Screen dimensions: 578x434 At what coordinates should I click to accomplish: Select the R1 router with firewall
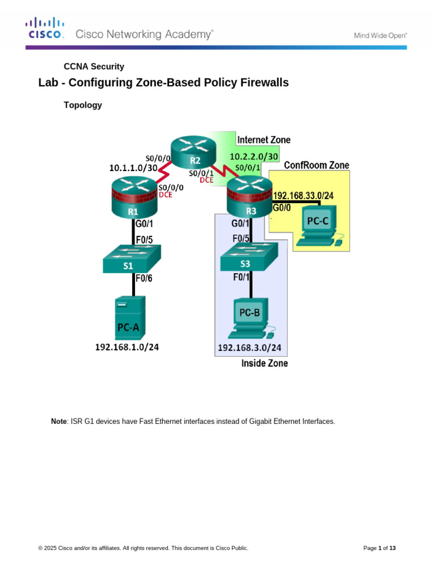click(x=134, y=198)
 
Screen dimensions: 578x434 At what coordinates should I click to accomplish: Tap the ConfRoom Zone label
click(x=316, y=165)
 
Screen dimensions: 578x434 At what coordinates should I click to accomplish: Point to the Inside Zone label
click(x=264, y=364)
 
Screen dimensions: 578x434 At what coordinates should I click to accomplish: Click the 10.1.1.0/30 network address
click(x=133, y=168)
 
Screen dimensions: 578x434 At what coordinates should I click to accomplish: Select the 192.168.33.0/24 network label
click(x=303, y=196)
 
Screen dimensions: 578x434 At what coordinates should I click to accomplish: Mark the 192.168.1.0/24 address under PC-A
click(x=127, y=348)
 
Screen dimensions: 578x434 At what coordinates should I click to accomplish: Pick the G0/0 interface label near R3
click(x=281, y=207)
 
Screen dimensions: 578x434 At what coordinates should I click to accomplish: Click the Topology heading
click(x=83, y=105)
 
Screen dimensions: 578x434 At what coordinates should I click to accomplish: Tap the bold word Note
click(x=59, y=421)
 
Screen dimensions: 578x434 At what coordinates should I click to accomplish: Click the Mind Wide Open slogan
click(x=380, y=35)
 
